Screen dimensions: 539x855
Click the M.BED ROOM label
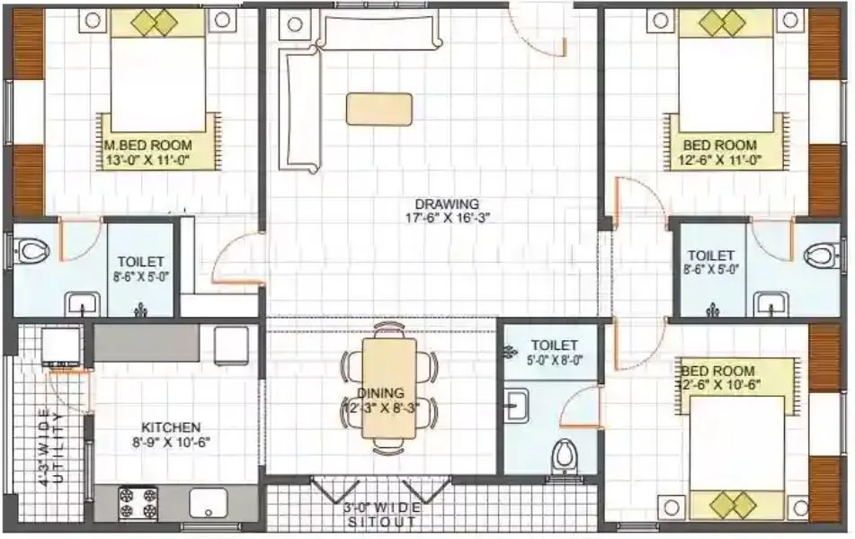147,145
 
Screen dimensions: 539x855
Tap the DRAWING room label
447,203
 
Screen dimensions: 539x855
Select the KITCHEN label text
172,427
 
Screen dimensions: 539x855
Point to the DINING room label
380,393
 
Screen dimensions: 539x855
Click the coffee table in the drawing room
379,109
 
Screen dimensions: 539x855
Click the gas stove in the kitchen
138,501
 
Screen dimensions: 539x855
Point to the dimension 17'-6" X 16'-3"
447,218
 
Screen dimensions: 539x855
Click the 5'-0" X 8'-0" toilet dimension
555,360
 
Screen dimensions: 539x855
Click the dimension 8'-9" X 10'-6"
171,442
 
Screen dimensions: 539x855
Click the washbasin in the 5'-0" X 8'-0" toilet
515,407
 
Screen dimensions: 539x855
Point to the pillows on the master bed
158,20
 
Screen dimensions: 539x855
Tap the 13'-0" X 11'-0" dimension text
147,160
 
